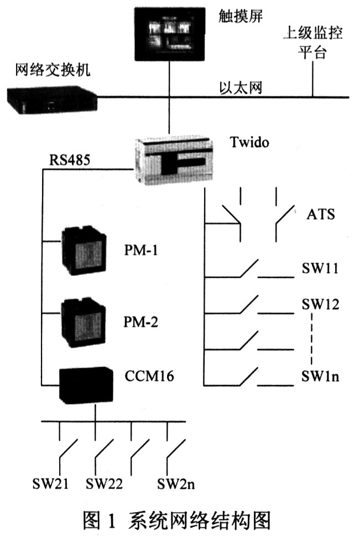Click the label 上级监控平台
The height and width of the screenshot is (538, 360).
point(313,43)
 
